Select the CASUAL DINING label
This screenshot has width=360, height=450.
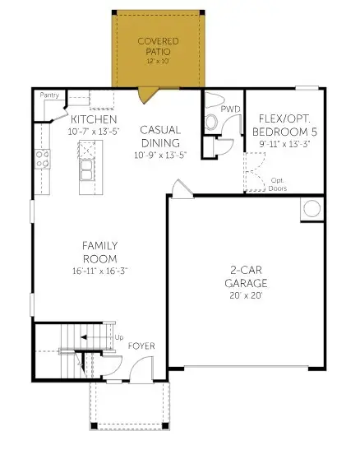point(160,137)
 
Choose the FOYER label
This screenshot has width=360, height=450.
point(141,346)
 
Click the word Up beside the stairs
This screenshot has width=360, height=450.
point(118,337)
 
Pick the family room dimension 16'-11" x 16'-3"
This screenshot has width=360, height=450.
point(100,270)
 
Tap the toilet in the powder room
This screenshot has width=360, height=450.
point(210,121)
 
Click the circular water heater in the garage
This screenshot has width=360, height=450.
point(312,208)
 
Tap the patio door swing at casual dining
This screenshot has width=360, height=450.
point(147,95)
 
